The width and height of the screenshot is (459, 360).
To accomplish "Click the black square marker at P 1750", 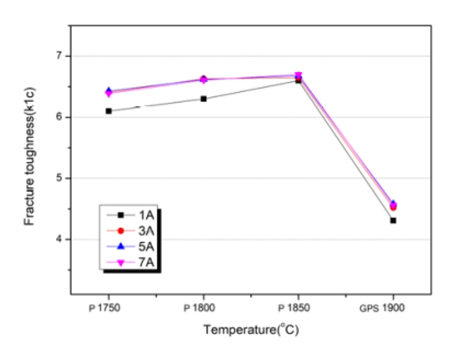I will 109,111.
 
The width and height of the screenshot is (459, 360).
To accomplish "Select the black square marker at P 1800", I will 204,99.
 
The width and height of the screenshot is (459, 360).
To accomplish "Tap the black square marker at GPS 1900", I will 393,221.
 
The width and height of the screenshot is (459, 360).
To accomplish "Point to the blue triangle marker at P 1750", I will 109,90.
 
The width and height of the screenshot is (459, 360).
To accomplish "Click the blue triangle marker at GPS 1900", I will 393,204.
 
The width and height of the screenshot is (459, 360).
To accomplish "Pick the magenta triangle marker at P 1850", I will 298,76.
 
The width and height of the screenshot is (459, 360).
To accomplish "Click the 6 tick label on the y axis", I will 59,117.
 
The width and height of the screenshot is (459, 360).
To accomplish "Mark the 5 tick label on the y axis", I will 59,178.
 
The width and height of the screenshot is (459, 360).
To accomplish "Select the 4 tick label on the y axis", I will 59,239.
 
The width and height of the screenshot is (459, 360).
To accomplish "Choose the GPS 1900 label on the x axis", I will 389,307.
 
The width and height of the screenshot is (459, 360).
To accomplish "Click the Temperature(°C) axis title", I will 250,330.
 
